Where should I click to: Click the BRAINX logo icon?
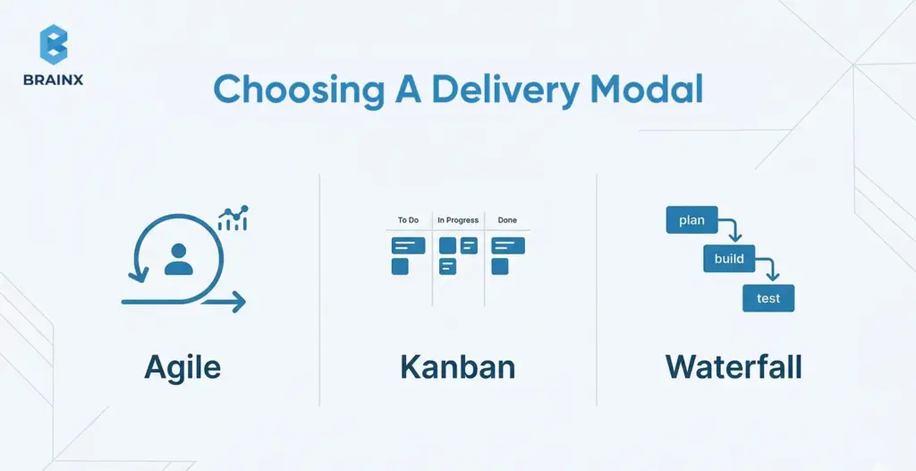[x=54, y=44]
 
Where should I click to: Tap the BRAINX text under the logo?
[x=54, y=79]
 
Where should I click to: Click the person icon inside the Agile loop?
[x=179, y=259]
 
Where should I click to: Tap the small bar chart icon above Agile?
[x=233, y=218]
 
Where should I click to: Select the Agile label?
[x=182, y=367]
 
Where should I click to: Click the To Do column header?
[x=408, y=220]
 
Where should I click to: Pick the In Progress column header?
[x=458, y=220]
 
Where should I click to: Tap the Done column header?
[x=507, y=220]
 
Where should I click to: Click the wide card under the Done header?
[x=508, y=245]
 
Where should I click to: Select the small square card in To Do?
[x=400, y=266]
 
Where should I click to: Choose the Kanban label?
[x=457, y=367]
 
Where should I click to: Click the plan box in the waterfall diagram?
[x=691, y=220]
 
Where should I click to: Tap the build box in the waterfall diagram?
[x=729, y=260]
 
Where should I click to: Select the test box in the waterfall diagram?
[x=768, y=298]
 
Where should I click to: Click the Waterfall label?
[x=733, y=367]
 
